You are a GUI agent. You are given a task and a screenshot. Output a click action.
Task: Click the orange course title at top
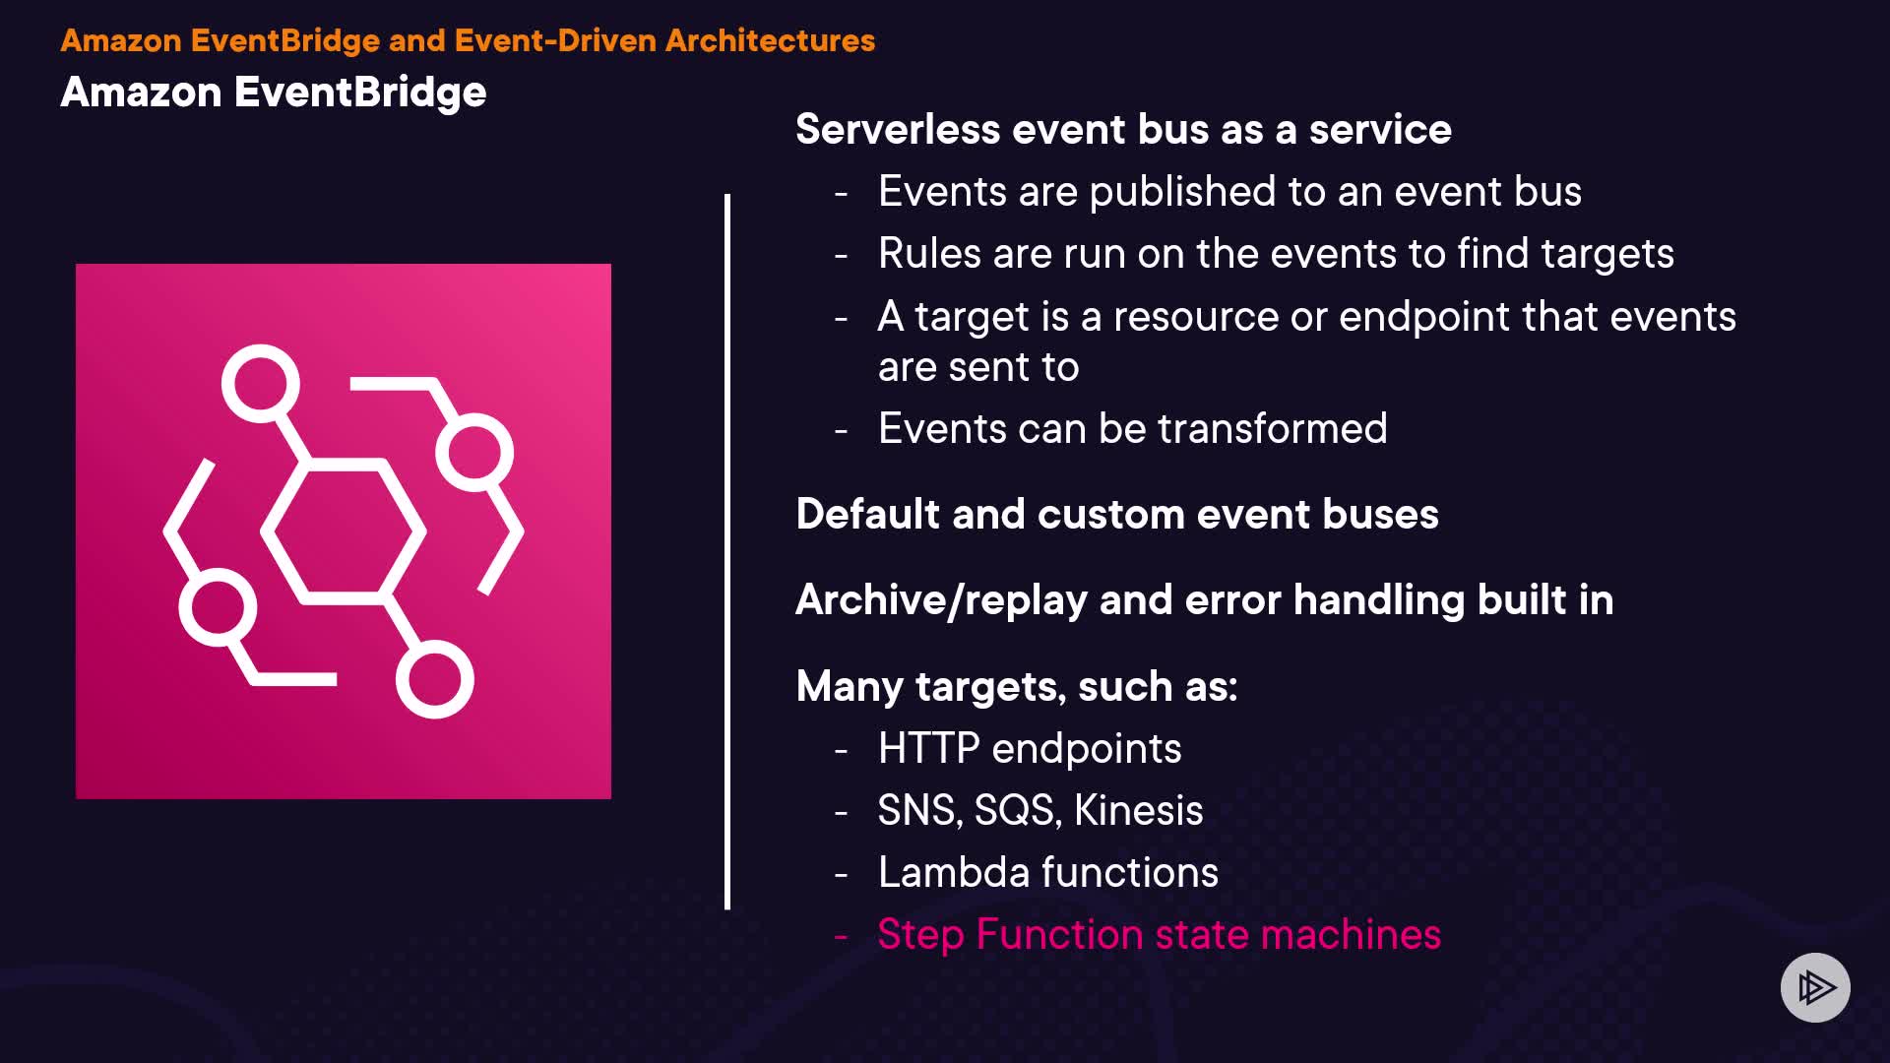pyautogui.click(x=468, y=40)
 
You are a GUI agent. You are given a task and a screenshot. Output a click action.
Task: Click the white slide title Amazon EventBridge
pyautogui.click(x=274, y=93)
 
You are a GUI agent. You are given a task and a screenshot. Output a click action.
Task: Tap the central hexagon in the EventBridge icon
pyautogui.click(x=343, y=531)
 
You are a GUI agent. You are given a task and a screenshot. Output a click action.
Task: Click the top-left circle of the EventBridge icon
pyautogui.click(x=261, y=383)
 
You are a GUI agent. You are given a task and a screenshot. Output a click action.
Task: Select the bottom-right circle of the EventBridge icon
pyautogui.click(x=434, y=679)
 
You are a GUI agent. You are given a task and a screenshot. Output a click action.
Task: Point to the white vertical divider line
pyautogui.click(x=727, y=551)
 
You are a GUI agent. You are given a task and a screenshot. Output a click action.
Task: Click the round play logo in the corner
pyautogui.click(x=1815, y=987)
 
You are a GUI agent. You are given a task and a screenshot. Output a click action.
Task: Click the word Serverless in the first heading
pyautogui.click(x=898, y=130)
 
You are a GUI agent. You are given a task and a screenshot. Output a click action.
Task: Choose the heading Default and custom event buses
pyautogui.click(x=1116, y=515)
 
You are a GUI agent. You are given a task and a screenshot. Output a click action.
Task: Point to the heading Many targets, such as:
pyautogui.click(x=1016, y=687)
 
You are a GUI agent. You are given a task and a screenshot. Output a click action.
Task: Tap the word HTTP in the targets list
pyautogui.click(x=928, y=749)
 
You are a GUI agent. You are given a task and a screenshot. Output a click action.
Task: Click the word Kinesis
pyautogui.click(x=1138, y=811)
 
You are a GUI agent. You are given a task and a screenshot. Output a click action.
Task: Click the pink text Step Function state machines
pyautogui.click(x=1159, y=935)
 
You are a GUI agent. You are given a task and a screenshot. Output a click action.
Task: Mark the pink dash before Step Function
pyautogui.click(x=841, y=936)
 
